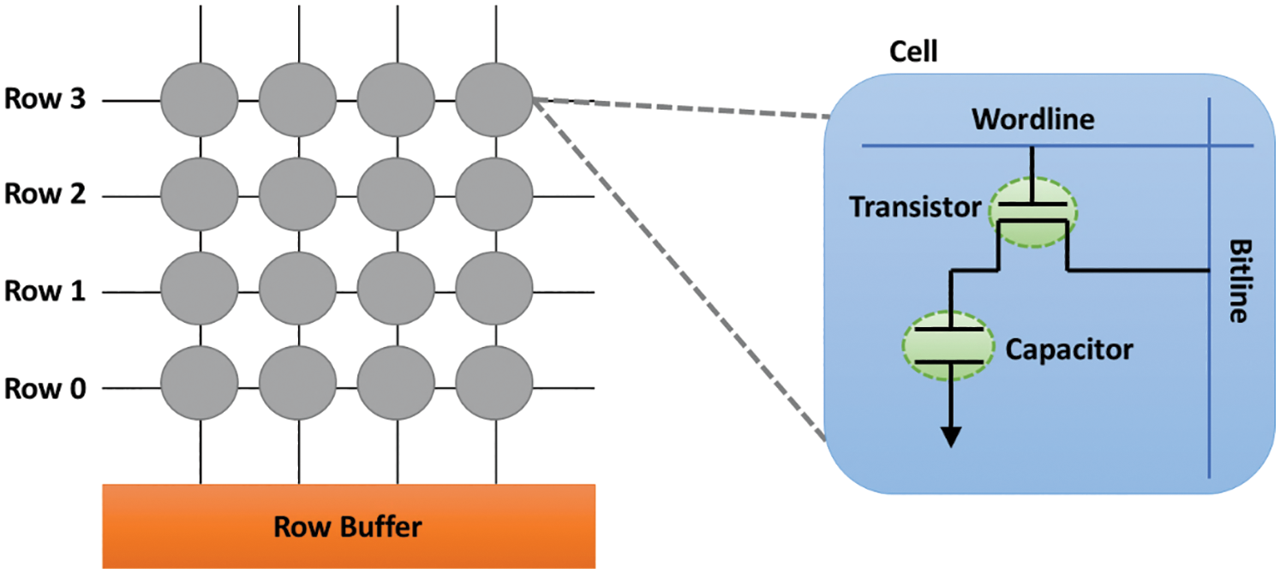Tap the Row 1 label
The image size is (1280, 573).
pos(46,291)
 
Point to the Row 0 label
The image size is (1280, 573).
pos(46,388)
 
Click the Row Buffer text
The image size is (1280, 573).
pos(348,526)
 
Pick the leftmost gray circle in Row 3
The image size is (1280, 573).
pos(200,101)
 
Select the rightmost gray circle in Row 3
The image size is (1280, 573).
pos(494,101)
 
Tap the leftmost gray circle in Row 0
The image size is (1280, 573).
pos(200,387)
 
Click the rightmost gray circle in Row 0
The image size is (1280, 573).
pos(494,387)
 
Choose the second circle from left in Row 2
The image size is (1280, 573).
pos(297,196)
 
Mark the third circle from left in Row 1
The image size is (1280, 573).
pos(396,292)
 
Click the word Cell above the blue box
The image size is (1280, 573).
pos(914,53)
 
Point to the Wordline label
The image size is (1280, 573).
pos(1032,119)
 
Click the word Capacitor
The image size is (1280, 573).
pos(1069,349)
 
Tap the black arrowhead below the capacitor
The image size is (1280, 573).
pos(950,436)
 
